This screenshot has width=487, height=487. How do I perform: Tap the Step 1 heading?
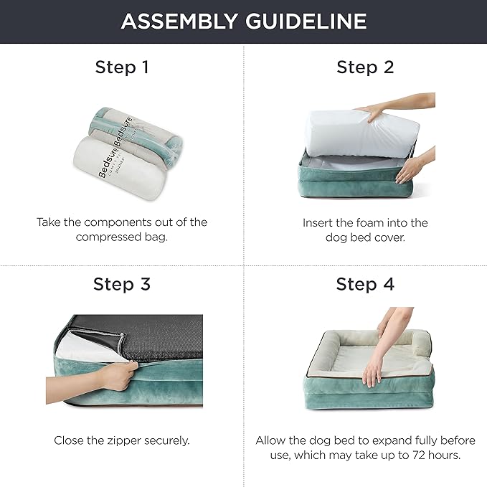tap(122, 67)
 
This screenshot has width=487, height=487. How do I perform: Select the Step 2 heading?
tap(365, 67)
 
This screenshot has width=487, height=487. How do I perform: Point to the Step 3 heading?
tap(122, 284)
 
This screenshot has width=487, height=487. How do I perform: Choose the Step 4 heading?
tap(365, 284)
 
